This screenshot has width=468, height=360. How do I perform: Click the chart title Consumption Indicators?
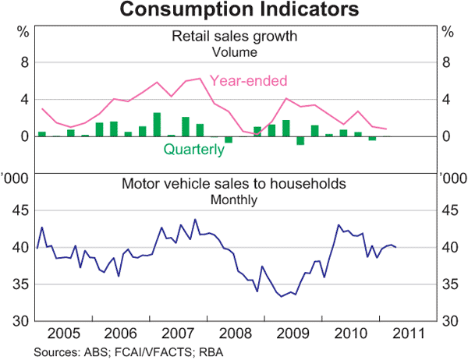[x=234, y=10]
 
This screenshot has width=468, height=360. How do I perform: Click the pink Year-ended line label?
[x=249, y=81]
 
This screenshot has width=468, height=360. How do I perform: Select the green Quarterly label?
[x=193, y=150]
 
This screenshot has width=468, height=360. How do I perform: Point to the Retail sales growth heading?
[x=235, y=37]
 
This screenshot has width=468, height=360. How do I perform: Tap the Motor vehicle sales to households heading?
[x=235, y=185]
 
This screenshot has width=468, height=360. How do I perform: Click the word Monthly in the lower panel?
[x=235, y=199]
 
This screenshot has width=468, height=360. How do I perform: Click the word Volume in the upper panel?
[x=235, y=52]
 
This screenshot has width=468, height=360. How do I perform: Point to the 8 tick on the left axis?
[x=23, y=63]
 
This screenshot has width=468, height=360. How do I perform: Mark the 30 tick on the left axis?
[x=19, y=321]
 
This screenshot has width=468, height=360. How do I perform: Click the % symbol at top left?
[x=23, y=32]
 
